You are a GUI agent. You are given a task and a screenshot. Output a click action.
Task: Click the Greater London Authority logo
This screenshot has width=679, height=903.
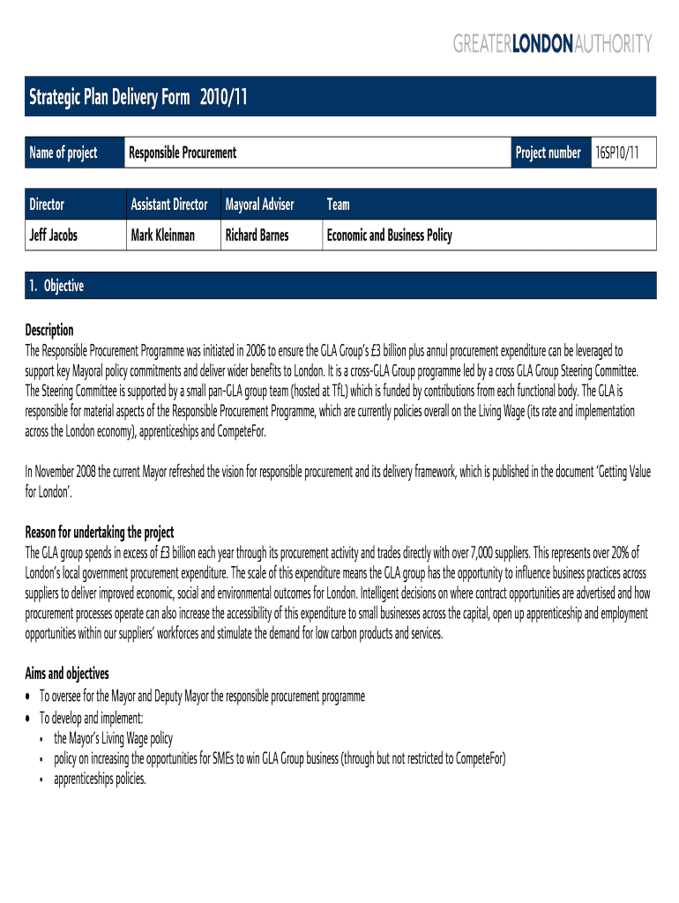553,43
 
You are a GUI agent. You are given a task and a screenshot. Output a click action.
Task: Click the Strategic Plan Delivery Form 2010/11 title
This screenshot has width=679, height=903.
138,97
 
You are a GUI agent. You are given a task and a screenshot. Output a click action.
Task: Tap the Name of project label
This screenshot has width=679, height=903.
63,153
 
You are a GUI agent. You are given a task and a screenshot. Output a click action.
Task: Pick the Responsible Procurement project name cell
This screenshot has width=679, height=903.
183,153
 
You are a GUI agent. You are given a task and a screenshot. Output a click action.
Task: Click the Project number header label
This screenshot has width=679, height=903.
548,153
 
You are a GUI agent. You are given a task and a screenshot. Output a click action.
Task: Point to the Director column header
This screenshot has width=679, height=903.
47,205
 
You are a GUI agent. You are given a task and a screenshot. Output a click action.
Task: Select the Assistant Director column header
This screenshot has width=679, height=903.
169,205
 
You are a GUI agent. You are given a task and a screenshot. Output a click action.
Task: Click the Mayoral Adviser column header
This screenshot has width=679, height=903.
259,205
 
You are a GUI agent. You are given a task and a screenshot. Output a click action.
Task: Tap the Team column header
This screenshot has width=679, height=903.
338,205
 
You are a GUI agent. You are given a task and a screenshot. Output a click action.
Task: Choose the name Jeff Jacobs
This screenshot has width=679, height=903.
53,235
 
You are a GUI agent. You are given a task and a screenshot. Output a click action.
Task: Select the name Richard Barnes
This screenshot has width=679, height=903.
257,235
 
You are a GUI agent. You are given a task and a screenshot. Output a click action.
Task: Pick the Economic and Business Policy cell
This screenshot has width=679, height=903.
389,235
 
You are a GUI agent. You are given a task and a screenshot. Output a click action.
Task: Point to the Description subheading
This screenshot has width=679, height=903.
49,331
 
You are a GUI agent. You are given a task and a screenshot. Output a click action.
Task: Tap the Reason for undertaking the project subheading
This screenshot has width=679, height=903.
100,533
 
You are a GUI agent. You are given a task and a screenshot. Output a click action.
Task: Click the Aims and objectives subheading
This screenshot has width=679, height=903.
67,674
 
